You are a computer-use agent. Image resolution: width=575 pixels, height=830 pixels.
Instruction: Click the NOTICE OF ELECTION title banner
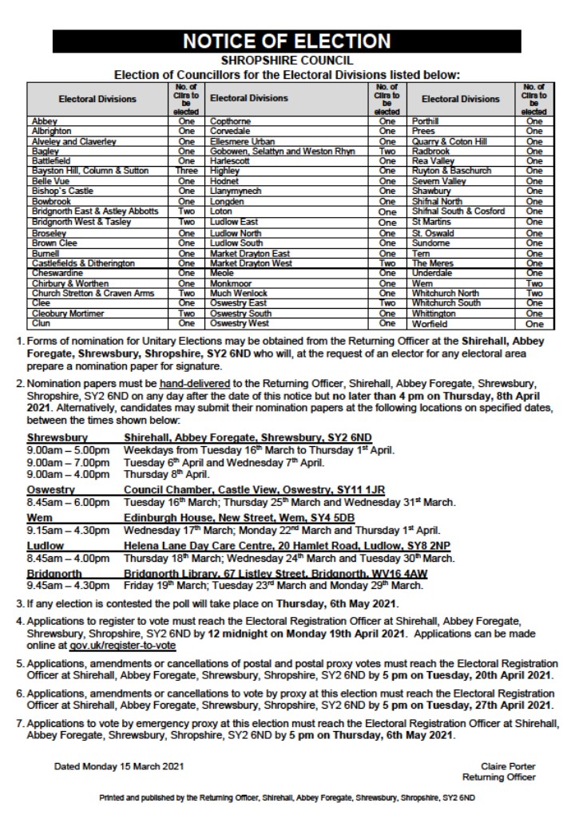pyautogui.click(x=287, y=41)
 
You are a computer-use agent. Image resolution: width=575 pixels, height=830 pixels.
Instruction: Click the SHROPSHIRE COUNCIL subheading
pyautogui.click(x=287, y=60)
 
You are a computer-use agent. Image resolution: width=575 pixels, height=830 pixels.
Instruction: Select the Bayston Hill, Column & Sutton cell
pyautogui.click(x=90, y=171)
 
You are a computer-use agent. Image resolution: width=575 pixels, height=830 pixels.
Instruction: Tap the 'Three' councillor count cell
pyautogui.click(x=186, y=171)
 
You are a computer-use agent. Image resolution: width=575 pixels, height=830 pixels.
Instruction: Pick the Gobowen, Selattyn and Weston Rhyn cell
pyautogui.click(x=283, y=150)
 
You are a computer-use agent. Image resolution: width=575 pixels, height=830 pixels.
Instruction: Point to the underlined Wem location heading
pyautogui.click(x=40, y=518)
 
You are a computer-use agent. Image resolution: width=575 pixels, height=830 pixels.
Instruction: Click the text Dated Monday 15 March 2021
pyautogui.click(x=119, y=766)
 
